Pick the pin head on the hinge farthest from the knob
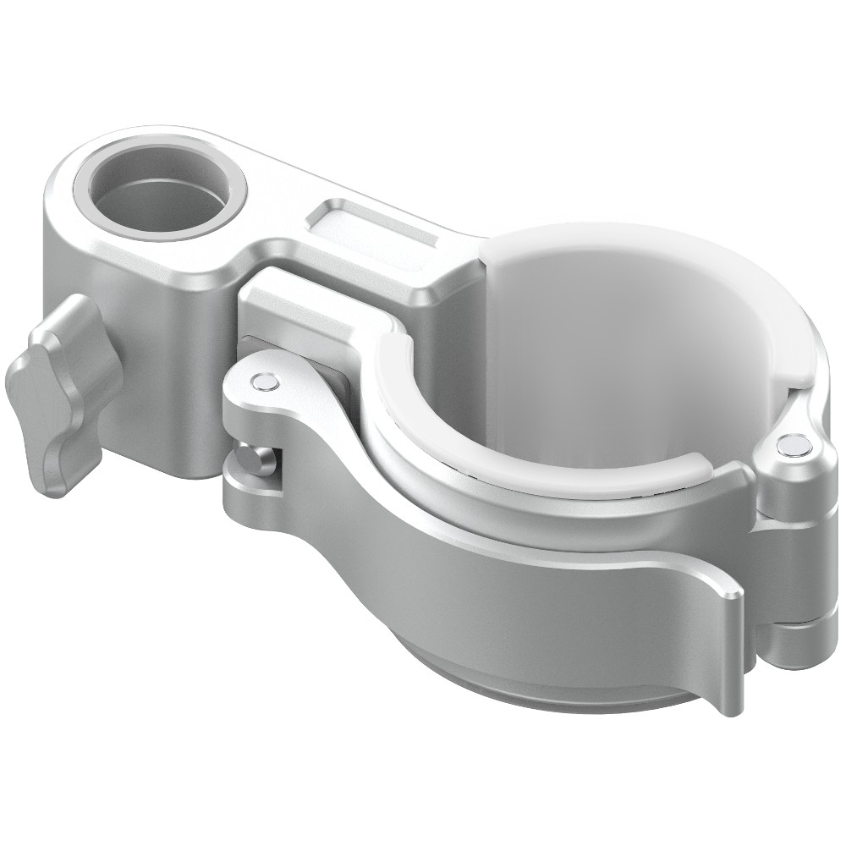(794, 443)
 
